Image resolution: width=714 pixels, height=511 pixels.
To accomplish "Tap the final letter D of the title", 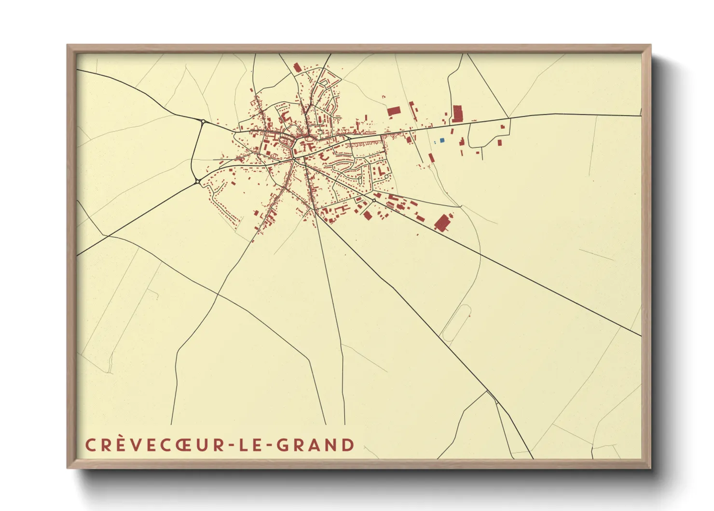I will [348, 445].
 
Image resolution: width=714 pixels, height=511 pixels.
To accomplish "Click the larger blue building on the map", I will [442, 140].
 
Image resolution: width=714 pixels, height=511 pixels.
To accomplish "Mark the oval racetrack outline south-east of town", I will [456, 323].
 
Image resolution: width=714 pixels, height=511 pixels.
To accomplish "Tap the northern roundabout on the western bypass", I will [204, 121].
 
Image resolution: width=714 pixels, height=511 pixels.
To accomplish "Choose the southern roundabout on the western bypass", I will [198, 182].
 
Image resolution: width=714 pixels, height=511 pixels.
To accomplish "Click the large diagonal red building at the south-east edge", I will [442, 222].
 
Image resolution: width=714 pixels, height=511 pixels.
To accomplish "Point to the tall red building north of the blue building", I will [457, 114].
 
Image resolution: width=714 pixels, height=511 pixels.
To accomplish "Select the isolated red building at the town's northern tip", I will [297, 67].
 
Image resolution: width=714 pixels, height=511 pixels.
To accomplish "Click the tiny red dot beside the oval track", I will [469, 316].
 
